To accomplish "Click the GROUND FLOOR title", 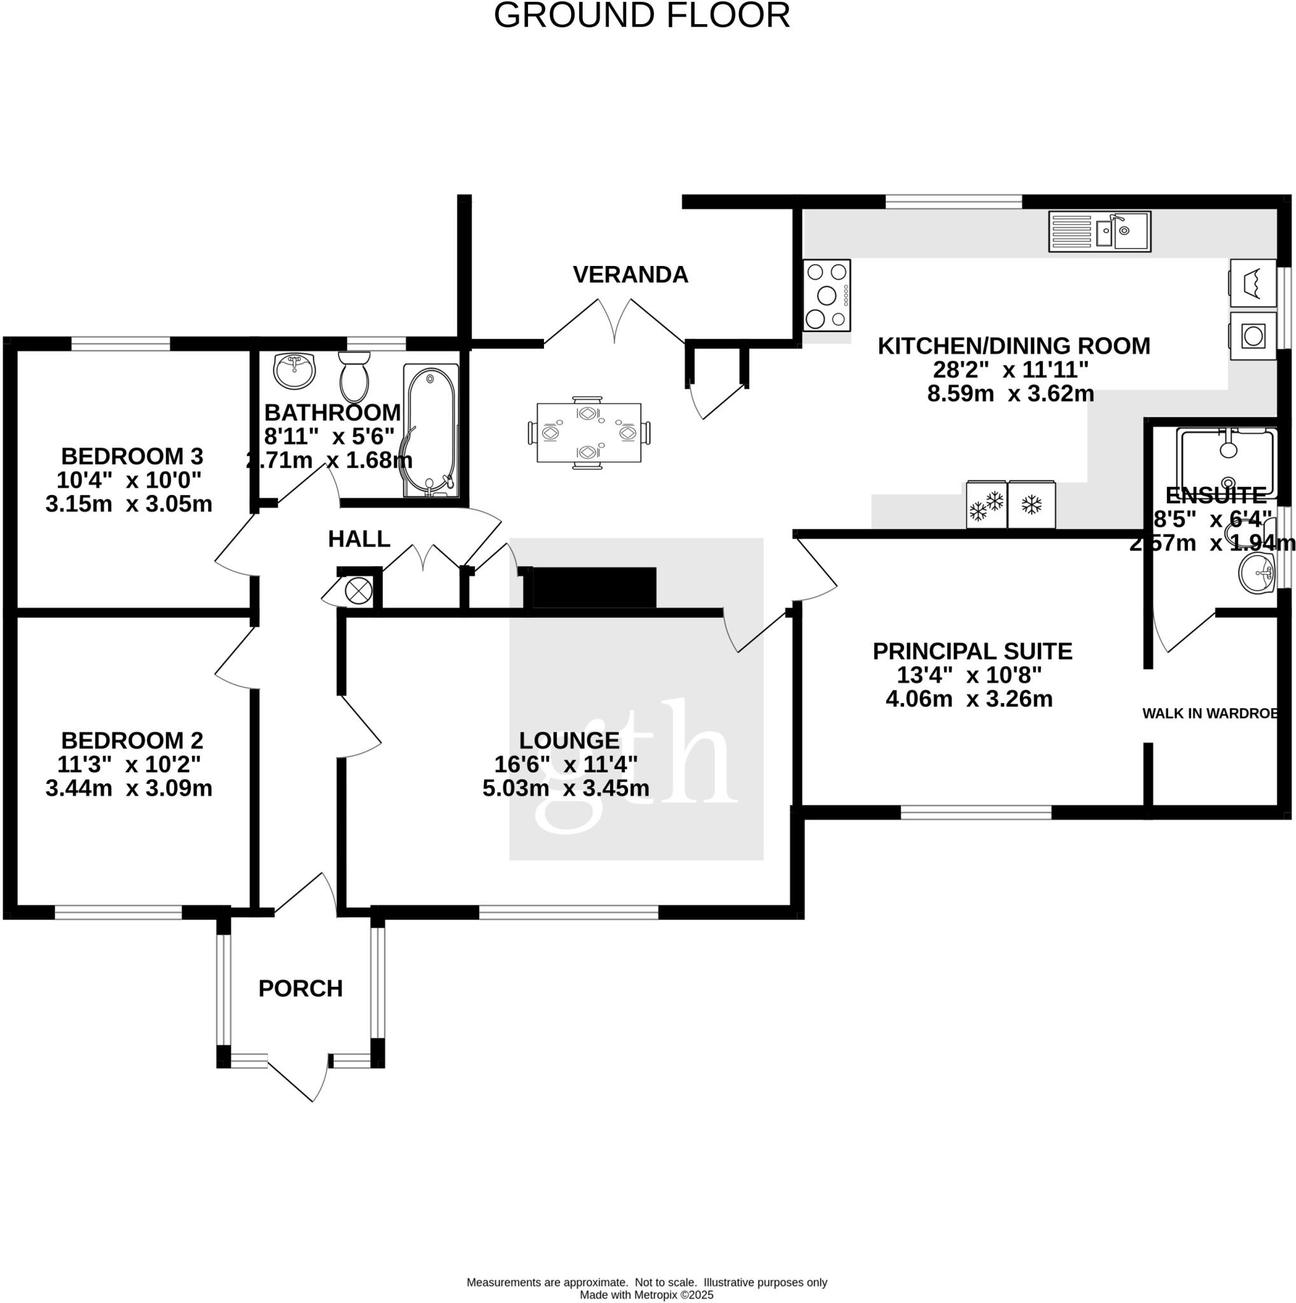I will [641, 15].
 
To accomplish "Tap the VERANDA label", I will [631, 274].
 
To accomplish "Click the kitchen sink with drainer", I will [1099, 232].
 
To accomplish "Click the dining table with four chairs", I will [589, 432].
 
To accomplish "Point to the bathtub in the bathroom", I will [431, 431].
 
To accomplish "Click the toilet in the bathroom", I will [354, 377].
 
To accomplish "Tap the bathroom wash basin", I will [295, 370].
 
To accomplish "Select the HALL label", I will [359, 539].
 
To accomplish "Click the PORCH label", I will [301, 988].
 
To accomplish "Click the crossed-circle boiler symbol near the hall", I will [358, 591].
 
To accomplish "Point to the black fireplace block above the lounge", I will [594, 587].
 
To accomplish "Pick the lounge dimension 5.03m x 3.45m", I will [566, 788].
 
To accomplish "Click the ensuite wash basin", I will [1257, 573].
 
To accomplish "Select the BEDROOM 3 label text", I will [132, 457].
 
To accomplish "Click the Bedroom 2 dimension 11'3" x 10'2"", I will [129, 764].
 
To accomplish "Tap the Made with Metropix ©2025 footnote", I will [646, 1294].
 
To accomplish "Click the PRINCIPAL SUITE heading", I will [972, 651].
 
